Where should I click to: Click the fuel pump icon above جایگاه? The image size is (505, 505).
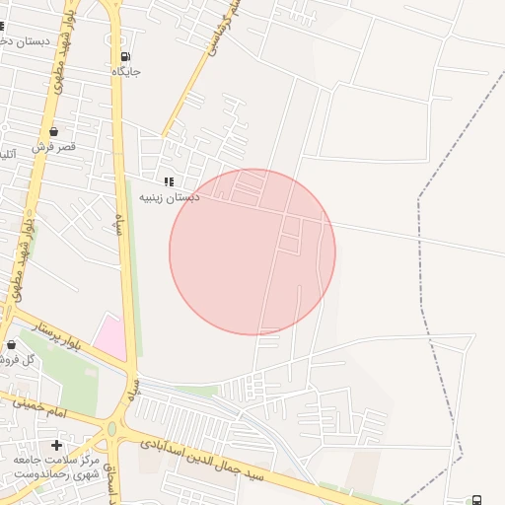pos(124,57)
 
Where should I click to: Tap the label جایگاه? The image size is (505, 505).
pos(126,73)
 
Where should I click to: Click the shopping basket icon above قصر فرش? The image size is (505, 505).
pos(52,131)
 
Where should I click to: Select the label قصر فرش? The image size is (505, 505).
pos(53,146)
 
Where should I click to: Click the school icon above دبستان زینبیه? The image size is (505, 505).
pos(169,182)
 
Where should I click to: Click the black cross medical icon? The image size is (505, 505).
pos(56,446)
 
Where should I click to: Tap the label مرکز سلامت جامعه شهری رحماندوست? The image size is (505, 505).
pos(56,467)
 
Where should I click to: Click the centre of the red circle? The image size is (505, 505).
pos(252,252)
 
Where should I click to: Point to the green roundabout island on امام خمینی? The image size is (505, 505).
pos(110,430)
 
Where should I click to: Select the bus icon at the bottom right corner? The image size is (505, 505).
pos(477,500)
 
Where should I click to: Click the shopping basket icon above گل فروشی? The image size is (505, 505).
pos(12,345)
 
